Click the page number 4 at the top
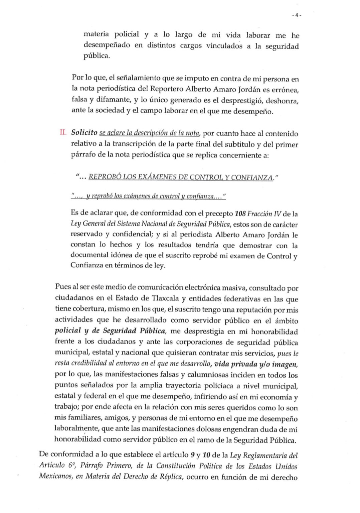click(297, 15)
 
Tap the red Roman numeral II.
click(62, 133)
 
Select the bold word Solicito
click(84, 133)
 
